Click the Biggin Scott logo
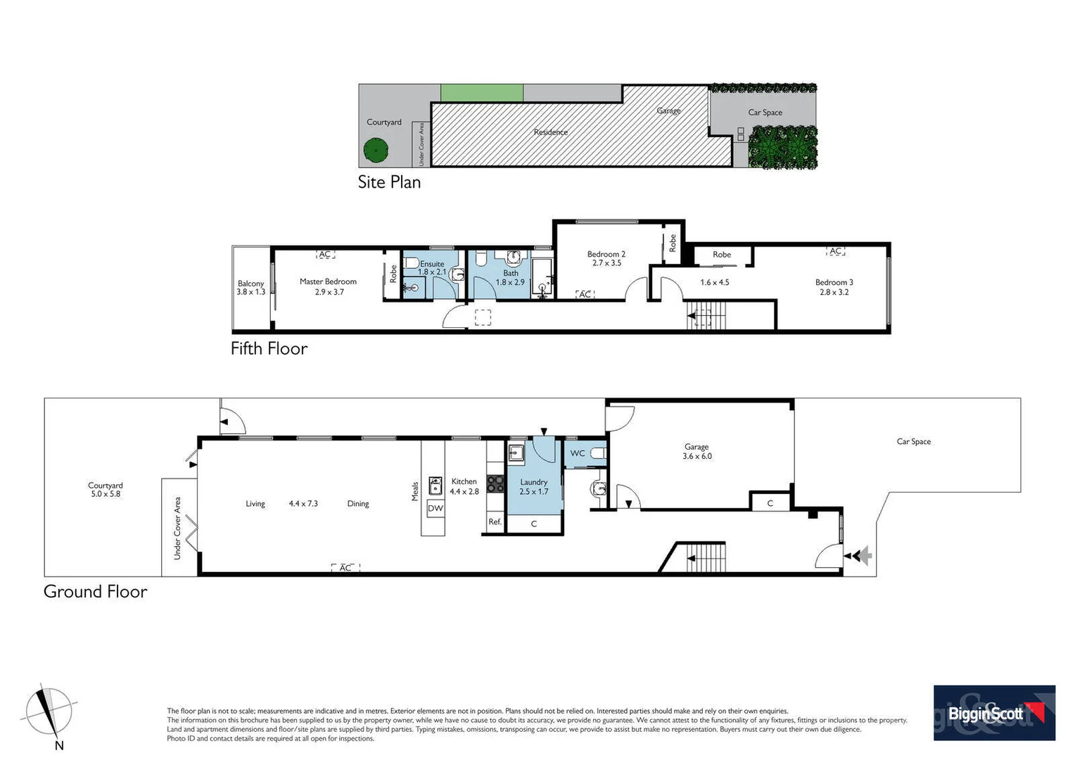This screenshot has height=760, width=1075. coord(993,712)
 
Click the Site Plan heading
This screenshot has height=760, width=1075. coord(389,182)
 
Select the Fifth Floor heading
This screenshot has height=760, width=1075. coord(269,348)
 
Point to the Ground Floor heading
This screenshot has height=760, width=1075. coord(95,591)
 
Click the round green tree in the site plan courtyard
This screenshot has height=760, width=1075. coord(376,149)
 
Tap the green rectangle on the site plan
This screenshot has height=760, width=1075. coord(482,93)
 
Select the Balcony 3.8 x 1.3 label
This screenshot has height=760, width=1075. coord(250,288)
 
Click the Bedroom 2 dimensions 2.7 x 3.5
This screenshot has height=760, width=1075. coord(606,263)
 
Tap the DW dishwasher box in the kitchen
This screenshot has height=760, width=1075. coord(435,508)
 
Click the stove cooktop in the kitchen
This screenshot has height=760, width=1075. coord(495,483)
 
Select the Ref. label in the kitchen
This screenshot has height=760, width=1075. coord(495,521)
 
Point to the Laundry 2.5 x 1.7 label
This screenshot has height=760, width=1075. coord(533,487)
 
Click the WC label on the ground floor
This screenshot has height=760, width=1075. coord(577,453)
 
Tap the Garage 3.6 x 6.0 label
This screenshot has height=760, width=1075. coord(696,452)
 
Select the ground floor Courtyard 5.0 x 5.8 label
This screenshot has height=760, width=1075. coord(106,490)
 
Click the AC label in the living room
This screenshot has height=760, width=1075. coord(345,568)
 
